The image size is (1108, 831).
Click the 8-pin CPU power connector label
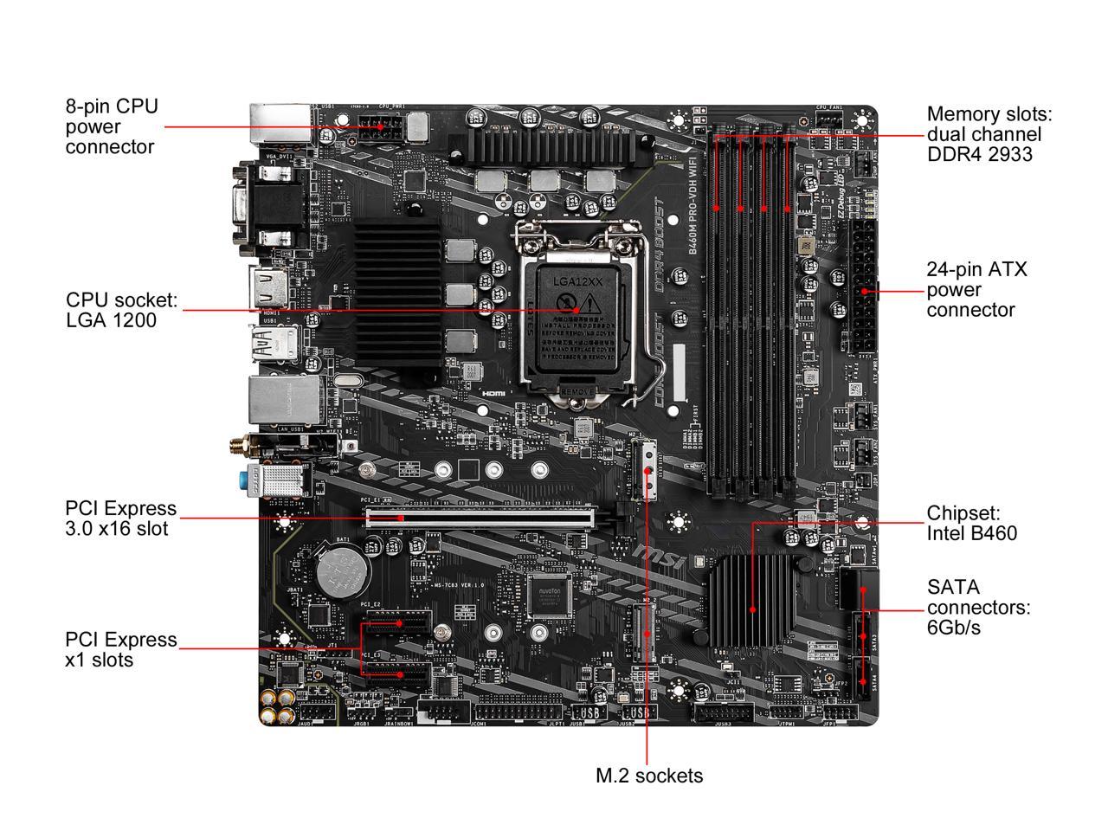(x=112, y=126)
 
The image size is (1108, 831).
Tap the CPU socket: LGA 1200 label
(x=121, y=310)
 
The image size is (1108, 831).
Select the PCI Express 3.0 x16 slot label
(x=120, y=518)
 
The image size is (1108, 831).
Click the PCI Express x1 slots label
(x=120, y=649)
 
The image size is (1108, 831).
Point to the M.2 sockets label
(x=649, y=776)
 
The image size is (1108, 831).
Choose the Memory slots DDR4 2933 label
(x=989, y=134)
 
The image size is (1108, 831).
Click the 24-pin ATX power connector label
(x=976, y=289)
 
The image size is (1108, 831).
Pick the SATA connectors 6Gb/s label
(x=978, y=607)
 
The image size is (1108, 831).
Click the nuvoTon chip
(x=551, y=594)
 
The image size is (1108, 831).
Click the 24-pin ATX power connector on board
(x=862, y=286)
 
